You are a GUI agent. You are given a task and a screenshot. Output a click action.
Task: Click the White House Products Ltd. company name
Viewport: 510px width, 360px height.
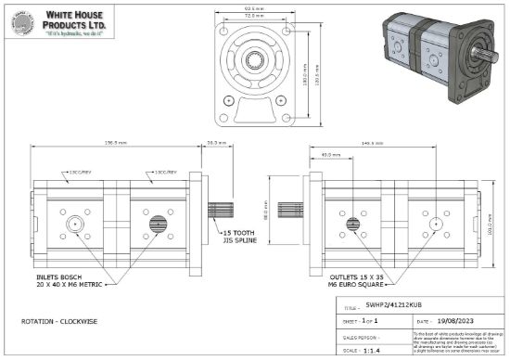click(x=77, y=19)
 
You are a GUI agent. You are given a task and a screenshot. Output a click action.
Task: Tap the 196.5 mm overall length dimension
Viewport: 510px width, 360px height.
click(x=116, y=143)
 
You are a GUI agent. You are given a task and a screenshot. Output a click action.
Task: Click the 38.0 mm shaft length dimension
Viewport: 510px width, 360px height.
click(x=215, y=143)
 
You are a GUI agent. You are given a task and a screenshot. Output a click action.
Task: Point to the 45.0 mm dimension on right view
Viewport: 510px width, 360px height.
click(x=326, y=154)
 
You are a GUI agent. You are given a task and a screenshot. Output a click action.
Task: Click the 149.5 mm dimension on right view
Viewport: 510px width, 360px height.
click(x=374, y=143)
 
